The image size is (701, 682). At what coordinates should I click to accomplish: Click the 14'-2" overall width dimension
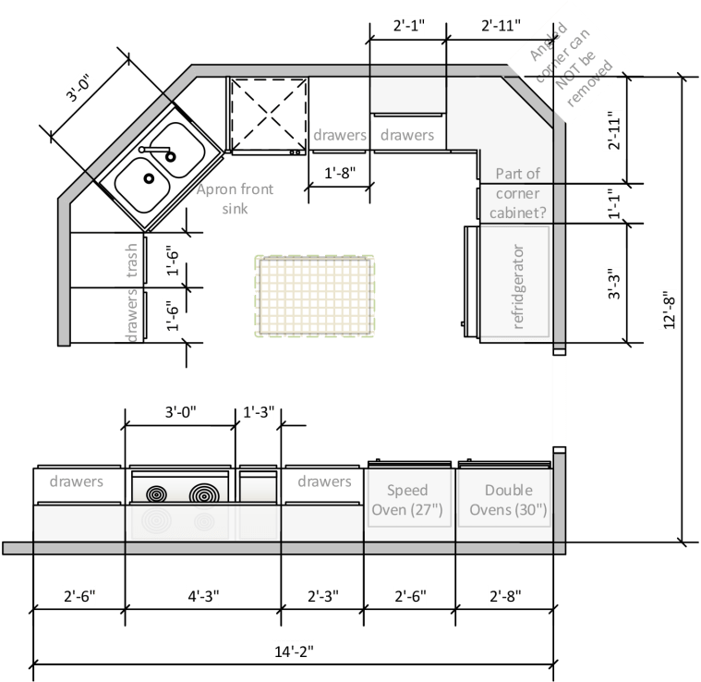(294, 652)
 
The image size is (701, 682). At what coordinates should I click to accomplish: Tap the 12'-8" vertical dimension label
(669, 310)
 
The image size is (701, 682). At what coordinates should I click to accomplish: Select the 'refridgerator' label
(517, 286)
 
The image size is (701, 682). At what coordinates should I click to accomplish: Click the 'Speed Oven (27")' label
(407, 500)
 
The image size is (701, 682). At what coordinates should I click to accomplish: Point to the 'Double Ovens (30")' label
(508, 500)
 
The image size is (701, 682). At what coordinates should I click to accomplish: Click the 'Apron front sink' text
(236, 199)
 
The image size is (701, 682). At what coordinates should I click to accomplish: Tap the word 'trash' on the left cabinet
(131, 260)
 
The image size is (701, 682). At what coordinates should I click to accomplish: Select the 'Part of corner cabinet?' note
(518, 193)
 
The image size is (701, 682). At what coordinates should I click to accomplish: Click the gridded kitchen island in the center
(315, 296)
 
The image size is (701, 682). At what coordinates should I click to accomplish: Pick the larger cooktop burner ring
(204, 493)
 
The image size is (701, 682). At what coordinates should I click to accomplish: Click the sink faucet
(156, 152)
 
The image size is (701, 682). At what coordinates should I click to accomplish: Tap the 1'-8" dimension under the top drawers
(340, 172)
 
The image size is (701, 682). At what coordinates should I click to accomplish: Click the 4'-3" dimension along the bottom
(203, 596)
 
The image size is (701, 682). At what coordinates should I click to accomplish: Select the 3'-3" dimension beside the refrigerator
(615, 284)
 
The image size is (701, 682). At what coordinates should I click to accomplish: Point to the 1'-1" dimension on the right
(615, 204)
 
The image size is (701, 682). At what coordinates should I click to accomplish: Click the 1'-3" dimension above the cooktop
(259, 411)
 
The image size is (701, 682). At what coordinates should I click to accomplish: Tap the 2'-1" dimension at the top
(408, 25)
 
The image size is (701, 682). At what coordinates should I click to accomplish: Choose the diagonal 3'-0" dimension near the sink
(79, 88)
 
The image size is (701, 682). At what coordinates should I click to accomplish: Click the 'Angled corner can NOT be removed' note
(571, 65)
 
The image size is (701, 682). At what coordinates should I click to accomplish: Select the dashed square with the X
(269, 115)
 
